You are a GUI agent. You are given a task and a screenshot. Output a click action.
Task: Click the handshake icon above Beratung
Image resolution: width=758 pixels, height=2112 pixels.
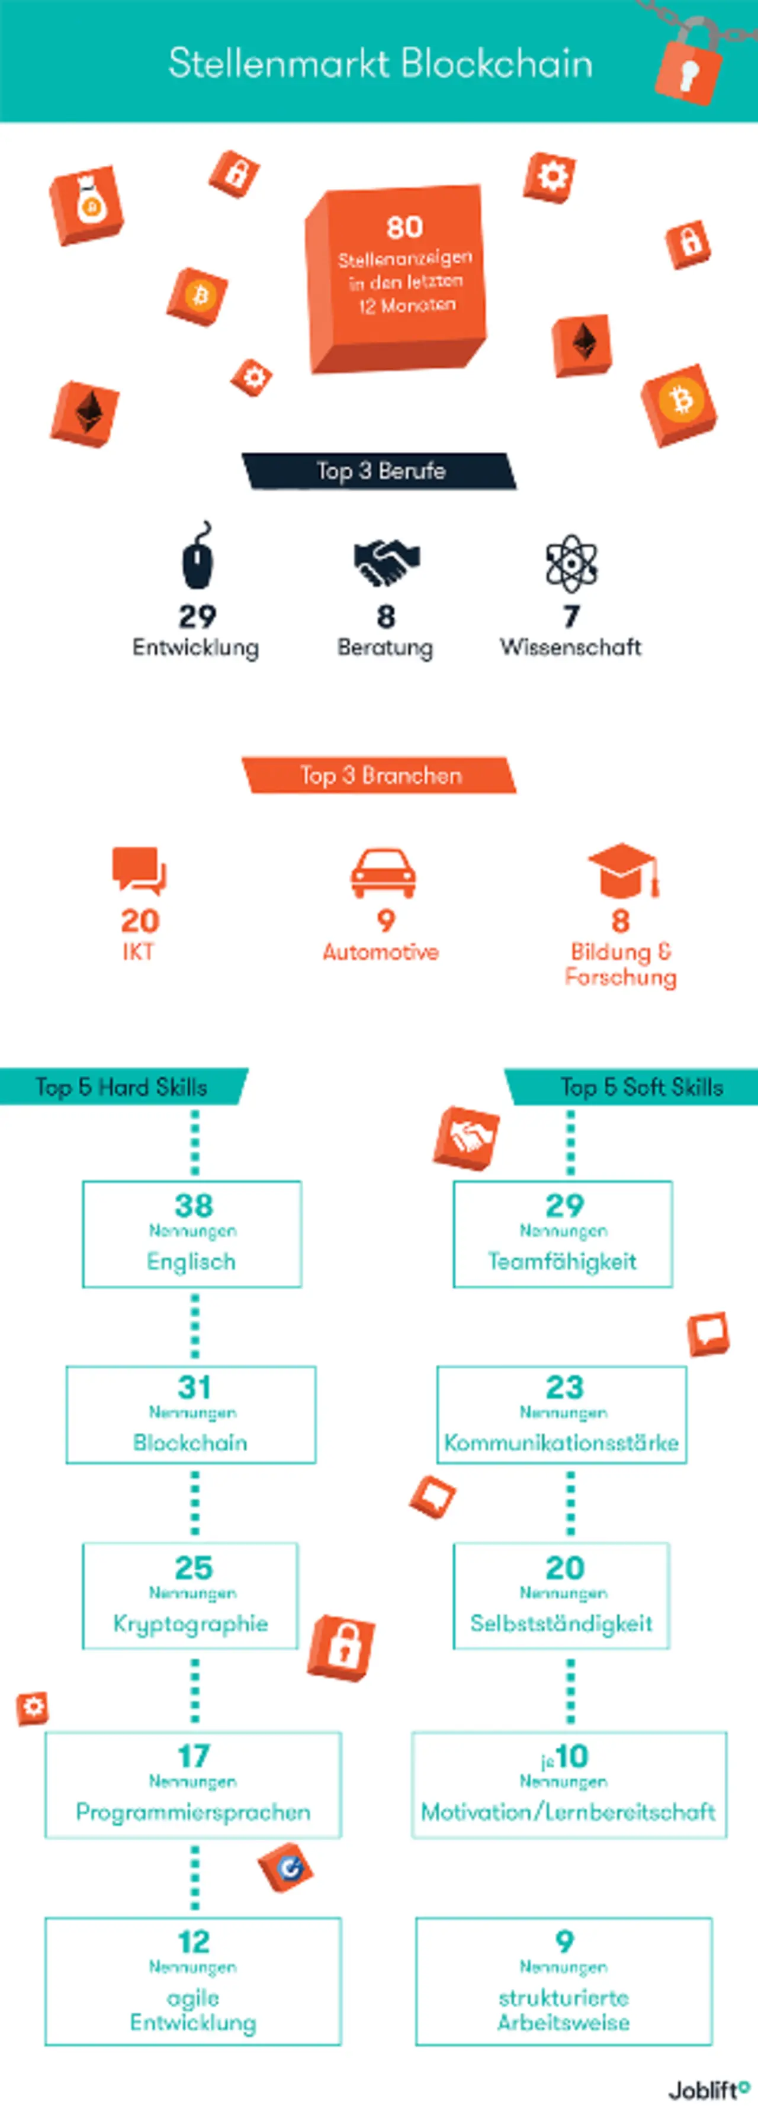click(386, 562)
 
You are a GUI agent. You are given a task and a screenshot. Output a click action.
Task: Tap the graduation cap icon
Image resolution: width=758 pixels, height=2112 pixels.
click(622, 870)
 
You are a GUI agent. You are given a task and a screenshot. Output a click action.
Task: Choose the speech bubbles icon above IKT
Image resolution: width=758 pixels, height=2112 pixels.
click(139, 870)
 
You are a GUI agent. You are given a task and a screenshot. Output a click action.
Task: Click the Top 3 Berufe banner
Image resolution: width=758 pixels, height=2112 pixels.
click(380, 471)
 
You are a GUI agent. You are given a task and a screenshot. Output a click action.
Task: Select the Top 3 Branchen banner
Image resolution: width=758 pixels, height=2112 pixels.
click(380, 776)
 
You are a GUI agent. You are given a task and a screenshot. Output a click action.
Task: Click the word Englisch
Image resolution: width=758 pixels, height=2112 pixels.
click(191, 1262)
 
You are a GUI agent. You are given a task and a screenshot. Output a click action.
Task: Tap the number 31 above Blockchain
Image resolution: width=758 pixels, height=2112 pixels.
click(194, 1387)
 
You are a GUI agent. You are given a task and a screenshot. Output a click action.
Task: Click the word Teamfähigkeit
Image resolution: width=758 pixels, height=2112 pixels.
click(562, 1262)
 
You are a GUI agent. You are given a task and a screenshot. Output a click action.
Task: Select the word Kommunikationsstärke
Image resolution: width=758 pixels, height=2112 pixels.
click(561, 1443)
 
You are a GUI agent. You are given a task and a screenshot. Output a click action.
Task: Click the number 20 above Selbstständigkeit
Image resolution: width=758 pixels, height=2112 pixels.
click(564, 1568)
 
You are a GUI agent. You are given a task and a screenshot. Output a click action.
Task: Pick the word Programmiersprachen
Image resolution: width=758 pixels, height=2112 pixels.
click(193, 1812)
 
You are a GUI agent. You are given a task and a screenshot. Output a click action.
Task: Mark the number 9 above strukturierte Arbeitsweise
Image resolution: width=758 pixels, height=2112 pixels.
click(564, 1941)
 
